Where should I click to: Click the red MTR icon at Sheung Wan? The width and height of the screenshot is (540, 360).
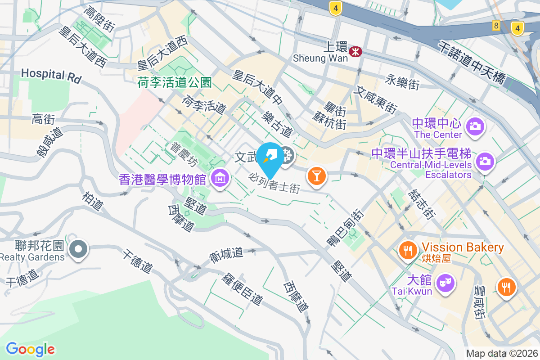click(x=355, y=51)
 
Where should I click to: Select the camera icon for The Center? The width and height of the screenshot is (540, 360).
click(x=475, y=126)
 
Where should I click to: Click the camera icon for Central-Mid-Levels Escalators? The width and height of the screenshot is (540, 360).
click(x=485, y=161)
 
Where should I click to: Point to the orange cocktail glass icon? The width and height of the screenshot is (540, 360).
click(x=316, y=175)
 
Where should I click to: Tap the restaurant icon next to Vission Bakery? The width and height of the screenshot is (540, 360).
click(x=408, y=251)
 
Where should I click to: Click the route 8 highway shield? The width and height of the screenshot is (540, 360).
click(x=496, y=26)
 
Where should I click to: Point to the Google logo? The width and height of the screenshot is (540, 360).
click(x=30, y=349)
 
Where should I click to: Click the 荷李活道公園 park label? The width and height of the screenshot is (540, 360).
click(x=175, y=82)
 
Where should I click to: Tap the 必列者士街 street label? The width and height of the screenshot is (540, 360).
click(x=274, y=183)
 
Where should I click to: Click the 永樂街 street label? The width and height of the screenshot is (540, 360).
click(x=402, y=83)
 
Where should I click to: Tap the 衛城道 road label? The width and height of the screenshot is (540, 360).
click(x=226, y=255)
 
